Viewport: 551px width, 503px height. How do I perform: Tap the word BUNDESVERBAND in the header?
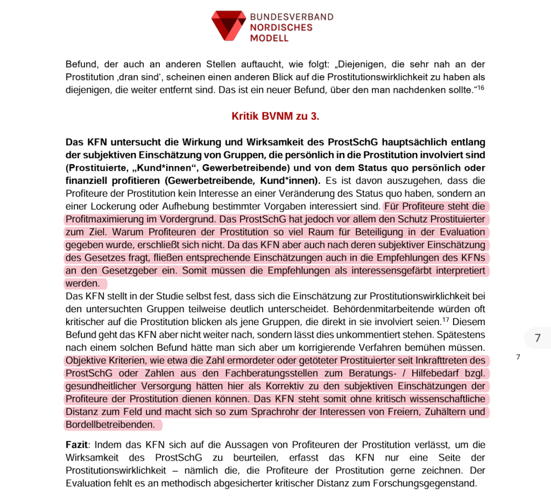point(292,17)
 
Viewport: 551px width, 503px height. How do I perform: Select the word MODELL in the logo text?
point(269,38)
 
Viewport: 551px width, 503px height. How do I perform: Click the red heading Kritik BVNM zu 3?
point(275,116)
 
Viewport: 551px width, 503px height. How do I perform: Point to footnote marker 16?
point(481,87)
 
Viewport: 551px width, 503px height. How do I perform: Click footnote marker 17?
point(446,320)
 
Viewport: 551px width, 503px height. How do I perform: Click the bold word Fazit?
point(76,444)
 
